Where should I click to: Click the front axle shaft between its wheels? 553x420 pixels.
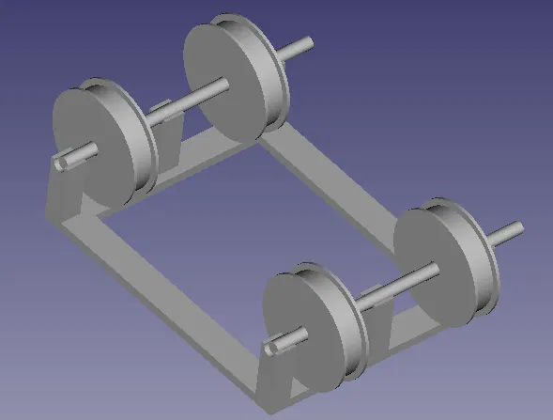(x=394, y=287)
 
